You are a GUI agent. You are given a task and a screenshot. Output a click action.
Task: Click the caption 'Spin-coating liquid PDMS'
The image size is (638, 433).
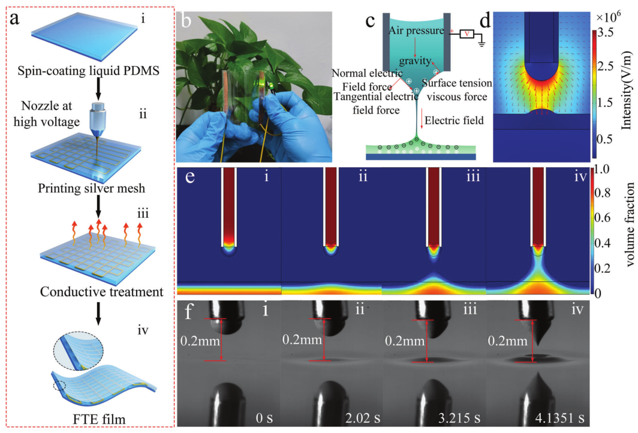88,71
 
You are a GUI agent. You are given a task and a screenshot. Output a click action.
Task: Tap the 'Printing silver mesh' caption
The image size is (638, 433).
92,188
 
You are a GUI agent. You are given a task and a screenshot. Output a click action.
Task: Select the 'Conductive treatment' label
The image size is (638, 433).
102,291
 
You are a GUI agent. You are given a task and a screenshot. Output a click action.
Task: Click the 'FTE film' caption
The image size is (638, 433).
99,419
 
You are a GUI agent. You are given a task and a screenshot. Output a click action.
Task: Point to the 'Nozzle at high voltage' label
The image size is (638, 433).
47,113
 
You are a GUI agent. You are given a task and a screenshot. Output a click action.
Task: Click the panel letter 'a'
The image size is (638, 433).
14,19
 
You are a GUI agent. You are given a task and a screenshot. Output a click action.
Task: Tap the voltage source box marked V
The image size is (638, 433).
467,34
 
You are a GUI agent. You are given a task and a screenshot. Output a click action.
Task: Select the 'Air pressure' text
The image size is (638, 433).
416,31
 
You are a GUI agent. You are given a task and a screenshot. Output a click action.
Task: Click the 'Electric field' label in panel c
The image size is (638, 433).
454,121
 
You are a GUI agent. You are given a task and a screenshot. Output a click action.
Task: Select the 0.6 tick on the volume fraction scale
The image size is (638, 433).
602,218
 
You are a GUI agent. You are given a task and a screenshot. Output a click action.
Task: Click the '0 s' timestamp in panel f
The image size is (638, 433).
264,418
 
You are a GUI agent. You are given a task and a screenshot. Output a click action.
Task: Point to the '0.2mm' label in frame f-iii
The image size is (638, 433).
405,340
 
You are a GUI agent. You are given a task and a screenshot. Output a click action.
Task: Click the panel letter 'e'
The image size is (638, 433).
189,178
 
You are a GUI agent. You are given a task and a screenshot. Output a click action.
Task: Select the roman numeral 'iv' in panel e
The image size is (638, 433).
580,176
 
